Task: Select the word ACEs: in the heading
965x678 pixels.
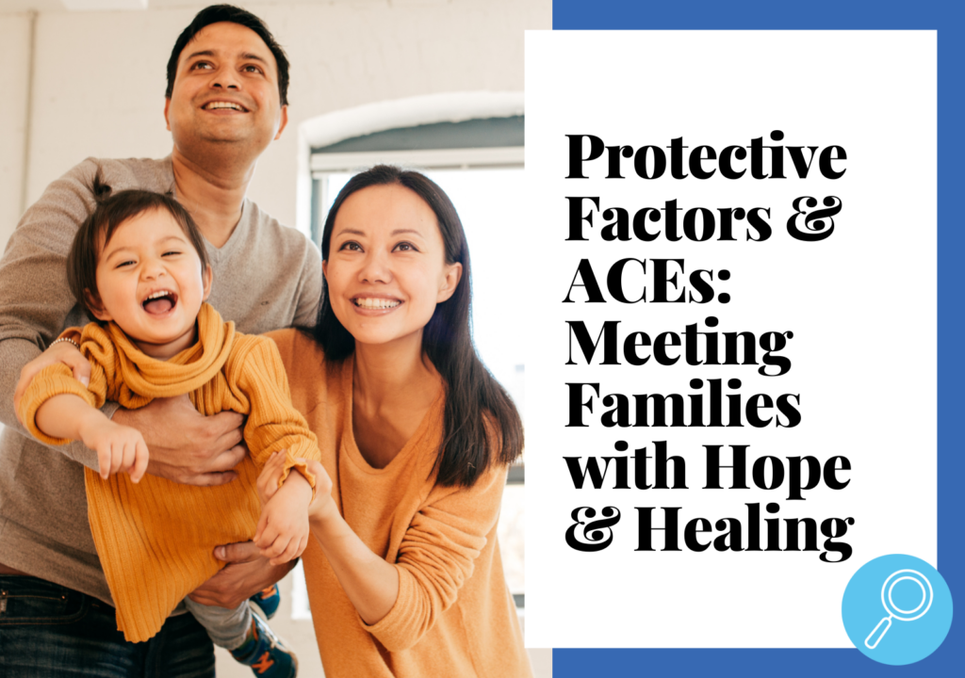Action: click(x=646, y=281)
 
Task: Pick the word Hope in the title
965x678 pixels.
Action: click(x=777, y=470)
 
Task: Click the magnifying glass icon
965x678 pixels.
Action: click(x=897, y=609)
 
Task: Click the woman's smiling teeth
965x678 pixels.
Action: click(x=377, y=303)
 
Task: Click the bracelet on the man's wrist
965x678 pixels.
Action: click(x=64, y=341)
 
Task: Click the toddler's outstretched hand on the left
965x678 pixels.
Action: click(x=121, y=449)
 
